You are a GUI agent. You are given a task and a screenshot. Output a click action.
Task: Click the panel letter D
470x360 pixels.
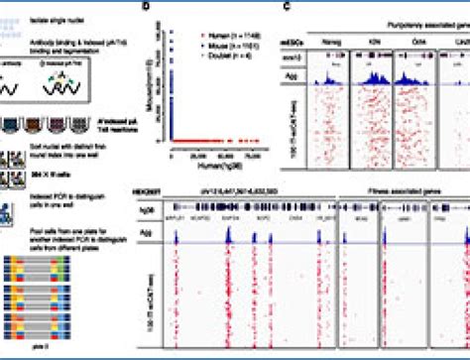(x=147, y=6)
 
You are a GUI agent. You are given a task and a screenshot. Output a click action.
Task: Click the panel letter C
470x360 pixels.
(x=287, y=6)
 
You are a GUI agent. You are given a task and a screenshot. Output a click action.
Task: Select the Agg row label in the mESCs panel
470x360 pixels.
(x=296, y=75)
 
